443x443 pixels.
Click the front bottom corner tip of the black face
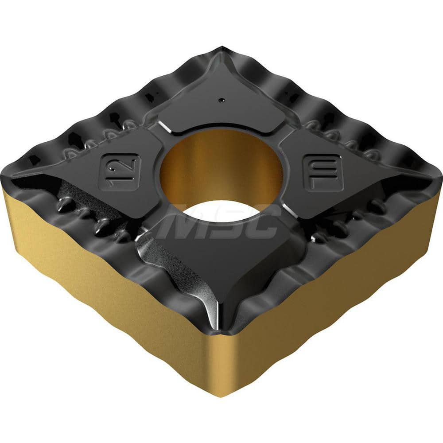(225, 332)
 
